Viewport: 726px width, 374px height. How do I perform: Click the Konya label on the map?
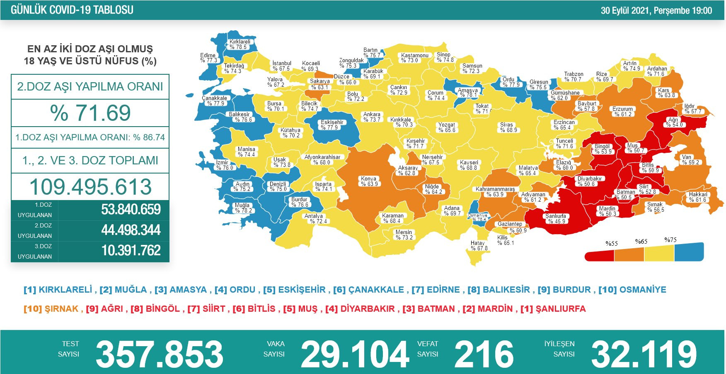click(369, 181)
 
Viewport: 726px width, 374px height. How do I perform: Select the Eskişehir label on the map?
click(332, 125)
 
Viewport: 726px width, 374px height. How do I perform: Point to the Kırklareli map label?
click(240, 44)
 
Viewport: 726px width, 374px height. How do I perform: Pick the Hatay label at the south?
click(478, 246)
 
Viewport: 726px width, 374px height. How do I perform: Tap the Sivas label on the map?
click(506, 127)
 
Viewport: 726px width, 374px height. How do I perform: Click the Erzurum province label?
click(622, 112)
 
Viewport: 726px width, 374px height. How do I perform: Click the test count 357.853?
click(159, 354)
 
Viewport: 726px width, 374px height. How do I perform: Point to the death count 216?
click(484, 354)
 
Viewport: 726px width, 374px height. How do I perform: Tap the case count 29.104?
click(355, 354)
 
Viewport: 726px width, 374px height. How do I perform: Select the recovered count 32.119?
click(644, 354)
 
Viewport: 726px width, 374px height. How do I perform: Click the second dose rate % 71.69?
click(90, 113)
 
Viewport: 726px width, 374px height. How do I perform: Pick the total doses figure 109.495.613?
click(90, 187)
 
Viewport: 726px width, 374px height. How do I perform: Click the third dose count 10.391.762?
click(131, 251)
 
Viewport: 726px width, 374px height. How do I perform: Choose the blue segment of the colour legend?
click(689, 252)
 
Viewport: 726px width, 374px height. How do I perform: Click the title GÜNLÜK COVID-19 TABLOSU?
click(72, 10)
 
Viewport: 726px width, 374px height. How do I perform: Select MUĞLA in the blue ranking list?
click(131, 290)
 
